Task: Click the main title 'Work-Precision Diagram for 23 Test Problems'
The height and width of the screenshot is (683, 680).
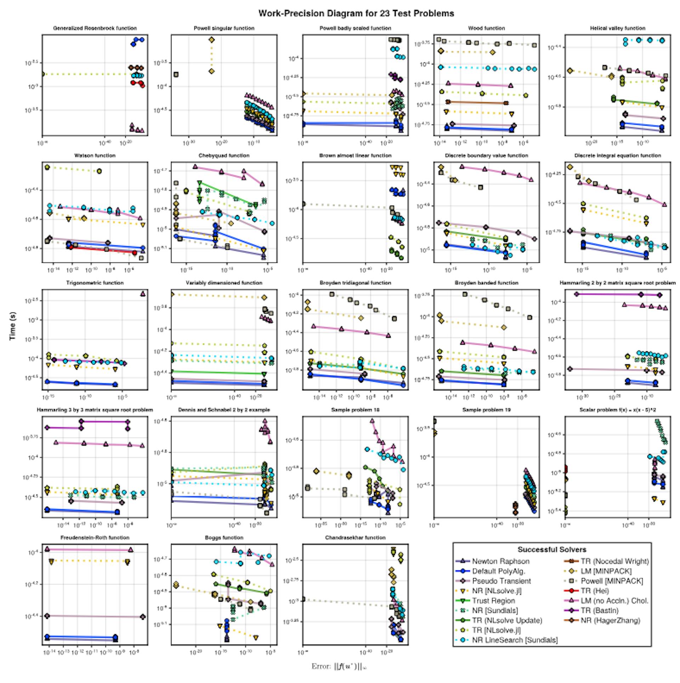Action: point(356,13)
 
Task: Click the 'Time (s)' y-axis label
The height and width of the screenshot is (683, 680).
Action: point(13,326)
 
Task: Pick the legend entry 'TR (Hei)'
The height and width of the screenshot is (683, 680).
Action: point(595,591)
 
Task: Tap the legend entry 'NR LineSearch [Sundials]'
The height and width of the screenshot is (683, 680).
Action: point(515,640)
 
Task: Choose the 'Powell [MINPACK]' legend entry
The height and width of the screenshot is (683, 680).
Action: point(612,581)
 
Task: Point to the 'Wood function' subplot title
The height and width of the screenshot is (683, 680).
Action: point(486,28)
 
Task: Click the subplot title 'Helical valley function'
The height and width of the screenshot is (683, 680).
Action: point(617,28)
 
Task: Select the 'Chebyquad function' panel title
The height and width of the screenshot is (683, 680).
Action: point(224,156)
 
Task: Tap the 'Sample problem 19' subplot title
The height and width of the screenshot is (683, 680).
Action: point(486,410)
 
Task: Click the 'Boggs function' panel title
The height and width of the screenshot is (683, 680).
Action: point(224,538)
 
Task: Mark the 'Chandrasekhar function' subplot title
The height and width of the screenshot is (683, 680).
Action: point(355,538)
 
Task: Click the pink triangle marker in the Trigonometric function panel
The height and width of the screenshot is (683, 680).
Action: point(143,294)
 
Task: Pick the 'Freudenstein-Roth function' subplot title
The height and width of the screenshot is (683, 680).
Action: point(95,538)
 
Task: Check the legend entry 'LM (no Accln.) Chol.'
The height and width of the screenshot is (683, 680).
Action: point(614,601)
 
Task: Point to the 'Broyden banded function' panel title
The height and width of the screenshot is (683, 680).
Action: point(486,283)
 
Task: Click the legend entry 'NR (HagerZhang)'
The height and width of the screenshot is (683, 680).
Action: point(610,620)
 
